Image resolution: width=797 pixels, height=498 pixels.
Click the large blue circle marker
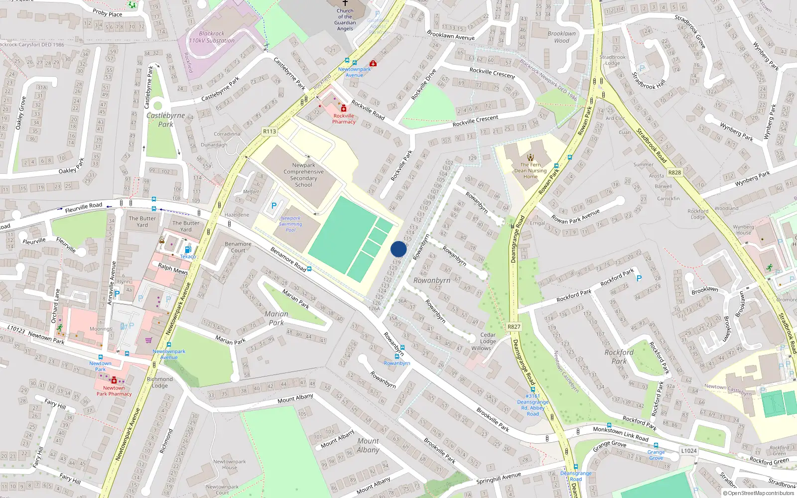pos(398,249)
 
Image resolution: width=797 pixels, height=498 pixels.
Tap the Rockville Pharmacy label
pos(344,119)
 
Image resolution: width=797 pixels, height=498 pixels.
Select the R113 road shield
pos(269,131)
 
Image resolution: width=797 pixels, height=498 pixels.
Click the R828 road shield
pos(674,172)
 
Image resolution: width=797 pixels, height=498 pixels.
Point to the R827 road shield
pos(514,327)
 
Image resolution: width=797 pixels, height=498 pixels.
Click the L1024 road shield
pos(689,451)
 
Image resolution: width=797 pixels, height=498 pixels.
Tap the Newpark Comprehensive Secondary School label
pos(303,175)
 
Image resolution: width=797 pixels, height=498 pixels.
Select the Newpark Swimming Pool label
pos(290,224)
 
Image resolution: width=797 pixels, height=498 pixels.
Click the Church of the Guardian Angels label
pos(345,20)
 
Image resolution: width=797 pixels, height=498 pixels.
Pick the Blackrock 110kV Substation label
pos(212,37)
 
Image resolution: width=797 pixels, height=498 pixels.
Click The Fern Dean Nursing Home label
pos(531,170)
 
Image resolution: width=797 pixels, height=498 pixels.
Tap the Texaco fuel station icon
pos(188,249)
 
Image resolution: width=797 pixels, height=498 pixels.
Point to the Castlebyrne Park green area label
pos(166,120)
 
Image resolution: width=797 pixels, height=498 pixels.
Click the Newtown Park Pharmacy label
pos(114,391)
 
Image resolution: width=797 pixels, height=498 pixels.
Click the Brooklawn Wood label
pos(561,37)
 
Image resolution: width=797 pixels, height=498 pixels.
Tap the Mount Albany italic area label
pos(368,445)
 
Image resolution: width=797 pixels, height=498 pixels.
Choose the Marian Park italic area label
pos(276,318)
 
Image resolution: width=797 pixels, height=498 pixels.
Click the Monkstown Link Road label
pos(620,434)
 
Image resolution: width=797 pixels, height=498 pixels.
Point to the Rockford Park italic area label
pos(619,357)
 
